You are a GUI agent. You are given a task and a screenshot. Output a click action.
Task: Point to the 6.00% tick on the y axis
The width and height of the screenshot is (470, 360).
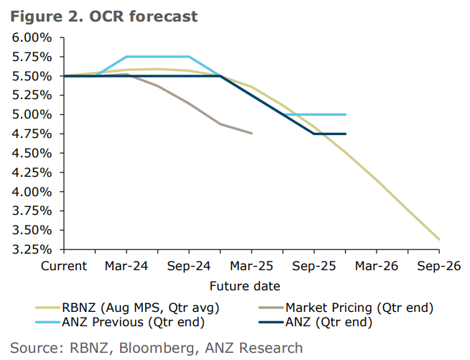31,37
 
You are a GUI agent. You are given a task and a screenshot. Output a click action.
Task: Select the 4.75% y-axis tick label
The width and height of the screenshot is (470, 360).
31,134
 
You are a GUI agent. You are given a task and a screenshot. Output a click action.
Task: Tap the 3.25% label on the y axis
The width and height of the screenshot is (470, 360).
31,249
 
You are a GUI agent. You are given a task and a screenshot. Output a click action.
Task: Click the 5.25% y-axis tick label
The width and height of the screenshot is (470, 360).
31,95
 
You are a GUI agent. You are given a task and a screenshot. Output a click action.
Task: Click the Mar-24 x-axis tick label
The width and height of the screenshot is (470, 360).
126,266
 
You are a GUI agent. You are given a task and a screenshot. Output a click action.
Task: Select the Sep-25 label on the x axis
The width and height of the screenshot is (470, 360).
313,266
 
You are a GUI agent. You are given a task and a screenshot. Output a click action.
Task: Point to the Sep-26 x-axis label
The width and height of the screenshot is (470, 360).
438,266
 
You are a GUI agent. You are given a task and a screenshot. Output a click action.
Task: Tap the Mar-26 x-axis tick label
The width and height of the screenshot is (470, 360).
376,266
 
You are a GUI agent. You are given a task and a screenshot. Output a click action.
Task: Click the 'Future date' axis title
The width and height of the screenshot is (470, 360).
244,286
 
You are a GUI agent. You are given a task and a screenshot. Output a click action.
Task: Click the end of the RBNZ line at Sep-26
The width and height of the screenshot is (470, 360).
439,239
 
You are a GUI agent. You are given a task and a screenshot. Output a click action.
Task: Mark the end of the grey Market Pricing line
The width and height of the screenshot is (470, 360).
252,133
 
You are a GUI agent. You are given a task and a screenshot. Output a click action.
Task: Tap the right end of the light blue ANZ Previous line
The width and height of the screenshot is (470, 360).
346,114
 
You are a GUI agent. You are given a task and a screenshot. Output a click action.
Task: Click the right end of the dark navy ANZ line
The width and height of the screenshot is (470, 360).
346,134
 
